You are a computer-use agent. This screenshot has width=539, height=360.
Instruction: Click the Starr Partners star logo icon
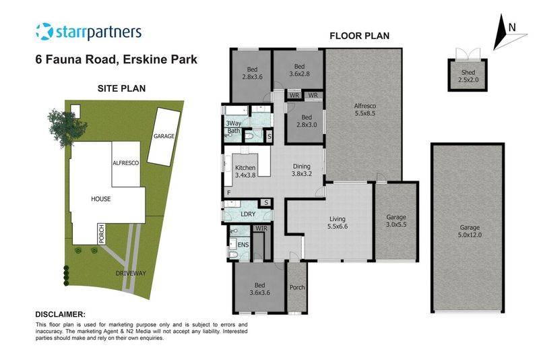(44, 32)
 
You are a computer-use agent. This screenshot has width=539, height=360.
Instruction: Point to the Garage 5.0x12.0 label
(468, 231)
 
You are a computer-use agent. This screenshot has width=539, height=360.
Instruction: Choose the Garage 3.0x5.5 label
(395, 221)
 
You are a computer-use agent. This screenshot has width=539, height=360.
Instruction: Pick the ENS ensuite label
(243, 244)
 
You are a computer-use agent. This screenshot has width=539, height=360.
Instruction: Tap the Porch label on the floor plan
(296, 287)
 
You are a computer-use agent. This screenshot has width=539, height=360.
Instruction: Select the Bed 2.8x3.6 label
(251, 73)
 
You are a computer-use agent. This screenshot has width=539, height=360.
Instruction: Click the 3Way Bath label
(233, 127)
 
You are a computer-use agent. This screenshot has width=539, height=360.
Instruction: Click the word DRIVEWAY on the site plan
(130, 274)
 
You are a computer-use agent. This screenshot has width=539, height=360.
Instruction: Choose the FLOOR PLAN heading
(358, 36)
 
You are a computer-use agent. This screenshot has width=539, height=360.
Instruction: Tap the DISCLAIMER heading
(60, 315)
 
